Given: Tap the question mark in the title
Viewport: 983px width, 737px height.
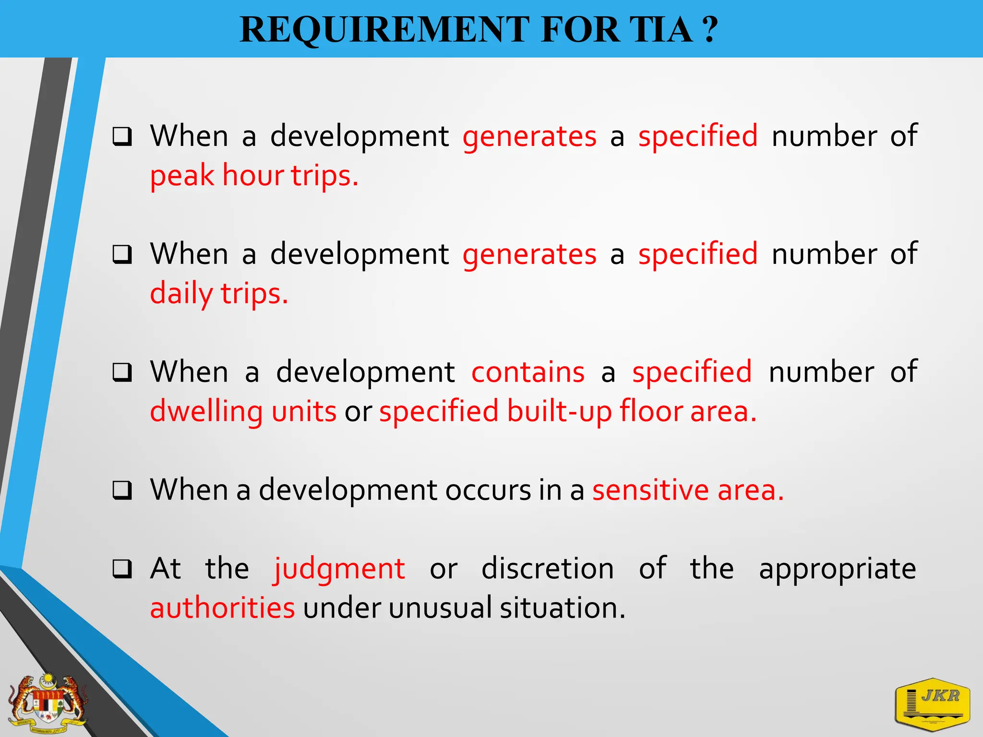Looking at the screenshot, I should click(x=709, y=30).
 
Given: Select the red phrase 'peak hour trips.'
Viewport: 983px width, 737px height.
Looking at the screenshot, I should click(x=254, y=176).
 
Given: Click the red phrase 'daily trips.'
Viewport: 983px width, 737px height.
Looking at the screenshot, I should click(x=219, y=294).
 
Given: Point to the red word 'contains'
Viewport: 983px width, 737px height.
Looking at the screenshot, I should click(x=528, y=372).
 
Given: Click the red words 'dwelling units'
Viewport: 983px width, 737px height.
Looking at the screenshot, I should click(x=243, y=412).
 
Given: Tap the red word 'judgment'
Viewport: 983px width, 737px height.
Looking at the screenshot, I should click(x=340, y=569).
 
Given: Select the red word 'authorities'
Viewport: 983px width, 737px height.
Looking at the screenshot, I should click(x=222, y=608).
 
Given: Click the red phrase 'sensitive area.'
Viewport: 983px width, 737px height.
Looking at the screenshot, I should click(x=688, y=490).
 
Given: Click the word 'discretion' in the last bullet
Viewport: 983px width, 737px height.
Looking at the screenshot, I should click(x=548, y=569).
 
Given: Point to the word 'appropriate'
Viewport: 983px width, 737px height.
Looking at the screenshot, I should click(x=838, y=569).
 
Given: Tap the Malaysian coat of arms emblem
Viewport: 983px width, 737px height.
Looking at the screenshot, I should click(x=48, y=703).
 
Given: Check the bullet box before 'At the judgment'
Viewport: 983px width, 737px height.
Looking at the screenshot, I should click(x=122, y=569).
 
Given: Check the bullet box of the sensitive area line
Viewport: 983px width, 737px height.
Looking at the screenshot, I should click(x=122, y=490).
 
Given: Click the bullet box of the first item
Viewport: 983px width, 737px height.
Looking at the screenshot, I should click(x=122, y=137).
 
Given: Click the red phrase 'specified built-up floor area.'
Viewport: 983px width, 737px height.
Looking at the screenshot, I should click(x=568, y=412).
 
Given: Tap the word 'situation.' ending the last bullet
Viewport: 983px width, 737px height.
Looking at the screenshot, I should click(x=563, y=608).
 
